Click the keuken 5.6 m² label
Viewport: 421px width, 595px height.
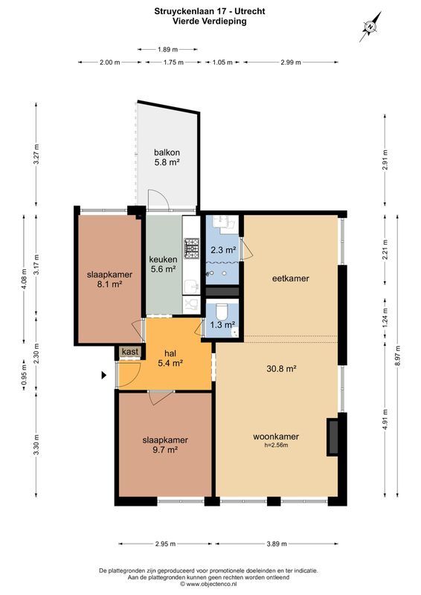coord(163,264)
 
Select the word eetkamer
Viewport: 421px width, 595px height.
coord(290,279)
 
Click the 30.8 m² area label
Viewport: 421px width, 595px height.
coord(282,368)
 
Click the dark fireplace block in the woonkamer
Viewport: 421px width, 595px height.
coord(332,436)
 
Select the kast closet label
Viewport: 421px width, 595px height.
coord(129,352)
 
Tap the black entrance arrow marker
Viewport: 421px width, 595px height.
coord(106,376)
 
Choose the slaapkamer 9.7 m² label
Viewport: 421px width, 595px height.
coord(164,444)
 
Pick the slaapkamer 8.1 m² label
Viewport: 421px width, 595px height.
coord(109,279)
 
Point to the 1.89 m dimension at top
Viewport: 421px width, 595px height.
coord(168,49)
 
